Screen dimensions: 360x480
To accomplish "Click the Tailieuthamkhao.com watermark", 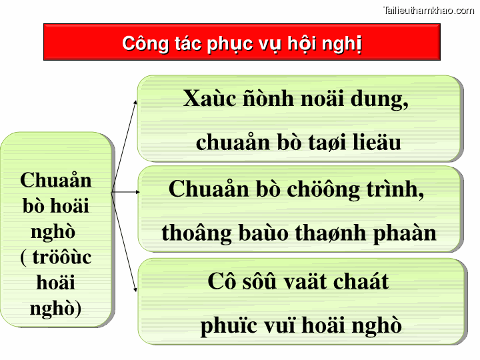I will point(429,10).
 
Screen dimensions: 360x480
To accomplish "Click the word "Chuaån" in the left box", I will point(56,180).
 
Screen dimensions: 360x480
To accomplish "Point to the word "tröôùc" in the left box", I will point(56,257).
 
